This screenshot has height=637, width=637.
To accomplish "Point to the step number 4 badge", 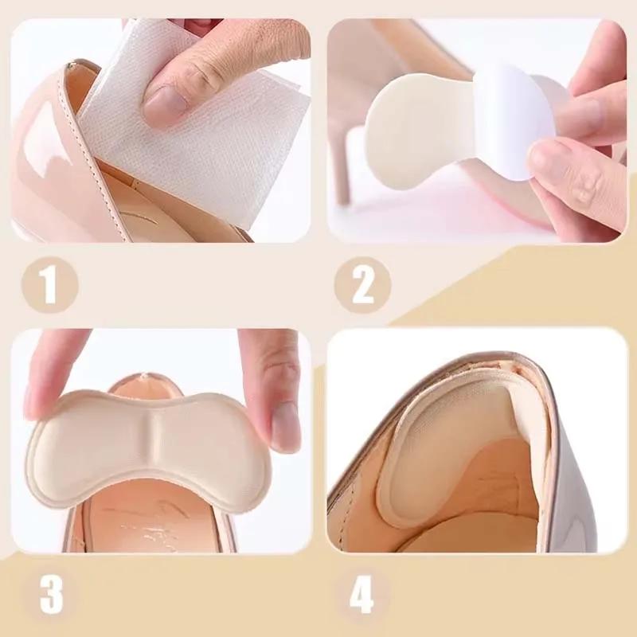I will click(x=361, y=593).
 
